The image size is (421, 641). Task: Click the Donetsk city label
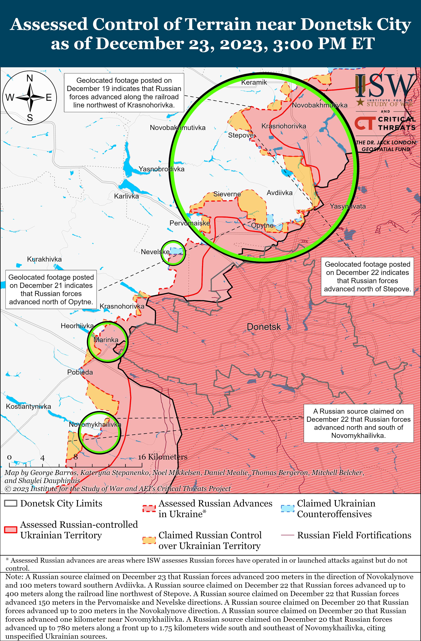(264, 327)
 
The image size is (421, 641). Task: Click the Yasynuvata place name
(348, 206)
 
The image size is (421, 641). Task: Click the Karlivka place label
(126, 196)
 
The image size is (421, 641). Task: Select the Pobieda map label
(80, 372)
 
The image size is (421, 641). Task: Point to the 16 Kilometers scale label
(163, 457)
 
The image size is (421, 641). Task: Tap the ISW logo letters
(385, 86)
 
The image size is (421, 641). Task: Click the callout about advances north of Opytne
(51, 290)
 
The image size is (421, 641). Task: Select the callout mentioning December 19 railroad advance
(124, 93)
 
